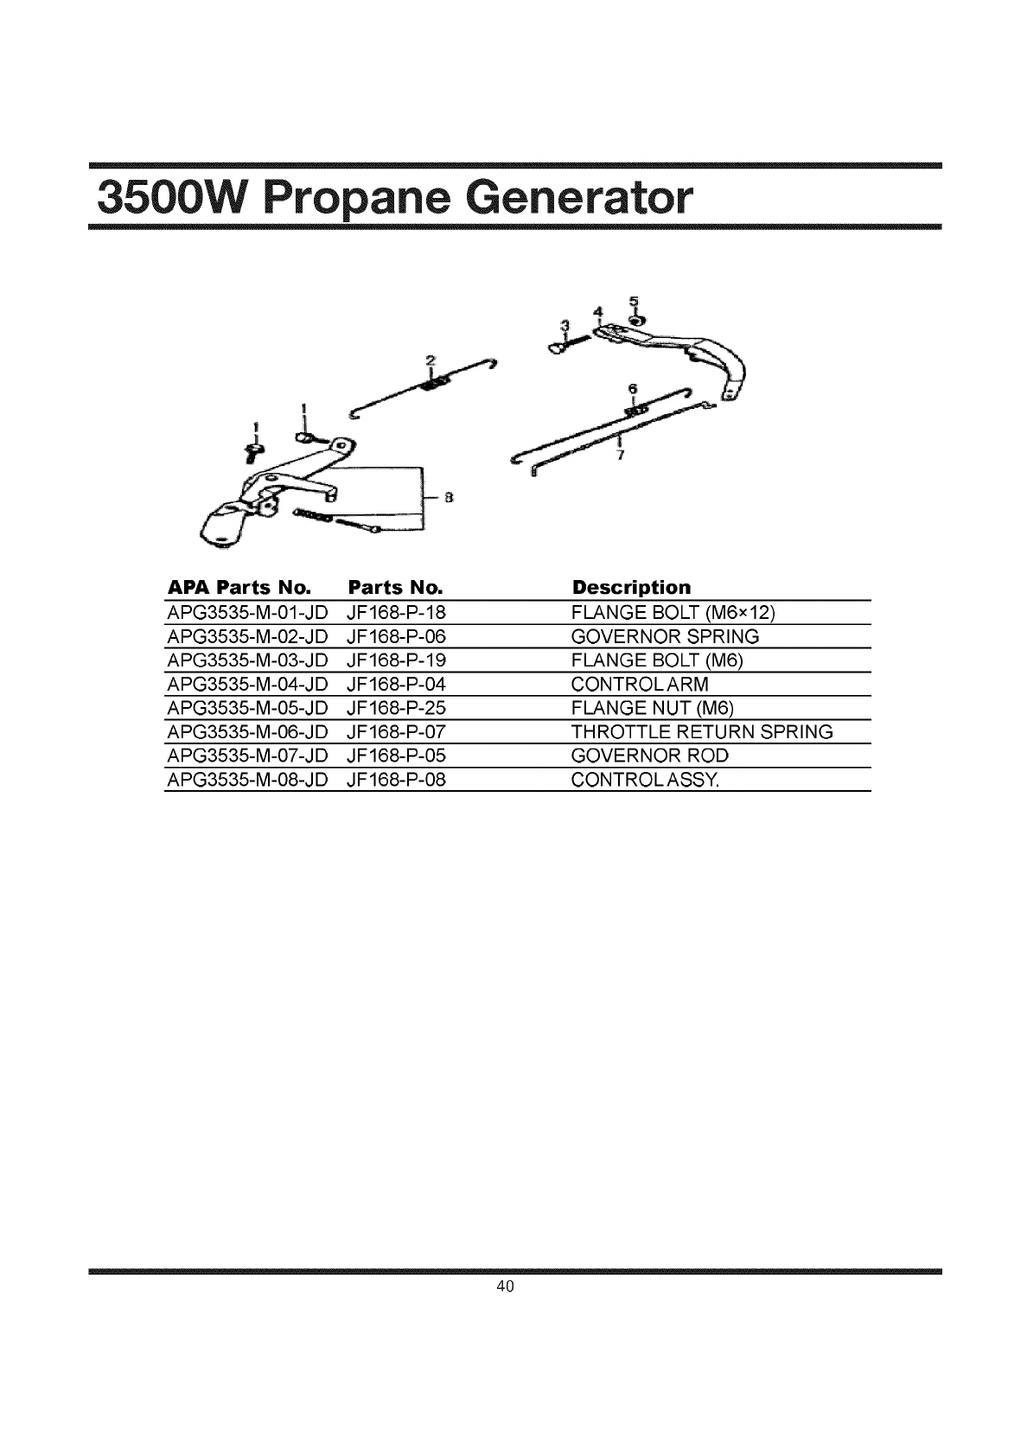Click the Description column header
point(631,588)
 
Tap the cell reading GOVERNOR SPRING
point(666,637)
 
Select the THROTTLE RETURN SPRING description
point(702,732)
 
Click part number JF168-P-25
point(395,709)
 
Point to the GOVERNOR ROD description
point(650,756)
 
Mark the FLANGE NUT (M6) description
point(653,709)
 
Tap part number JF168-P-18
point(395,613)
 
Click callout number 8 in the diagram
point(450,497)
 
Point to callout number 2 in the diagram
point(430,359)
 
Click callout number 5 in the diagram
point(634,301)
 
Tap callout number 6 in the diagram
point(632,389)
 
